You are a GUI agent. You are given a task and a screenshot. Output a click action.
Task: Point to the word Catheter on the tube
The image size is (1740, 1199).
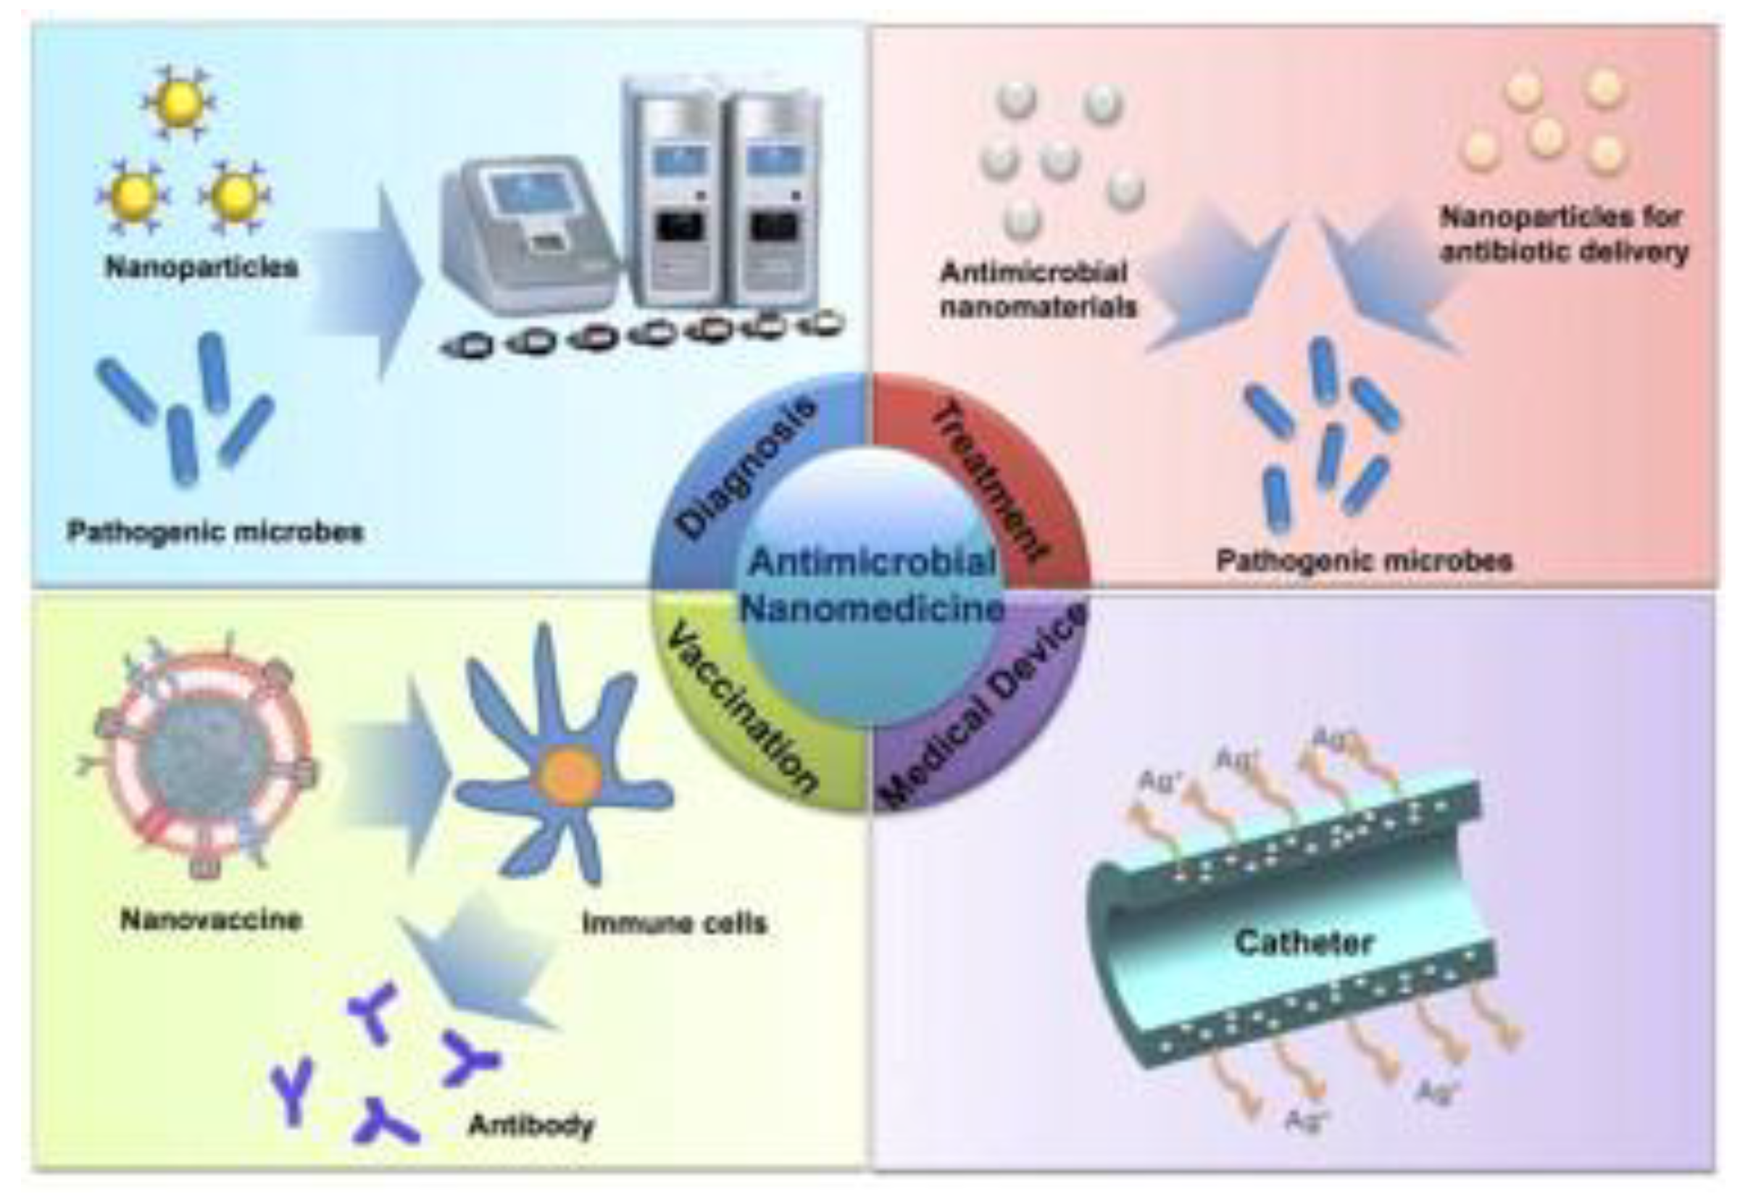1304,942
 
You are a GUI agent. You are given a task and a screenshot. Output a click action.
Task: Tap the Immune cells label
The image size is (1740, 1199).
674,922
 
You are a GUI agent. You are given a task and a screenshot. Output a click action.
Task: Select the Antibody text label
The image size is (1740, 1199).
530,1124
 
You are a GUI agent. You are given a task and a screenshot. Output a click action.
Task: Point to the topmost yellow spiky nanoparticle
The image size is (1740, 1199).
178,103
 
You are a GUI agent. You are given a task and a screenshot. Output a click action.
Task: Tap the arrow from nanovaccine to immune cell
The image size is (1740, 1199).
398,774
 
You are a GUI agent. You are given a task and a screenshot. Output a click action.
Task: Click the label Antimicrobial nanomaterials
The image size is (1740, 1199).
1037,289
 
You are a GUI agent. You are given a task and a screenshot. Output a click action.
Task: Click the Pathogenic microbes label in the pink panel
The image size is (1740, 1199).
1364,561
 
